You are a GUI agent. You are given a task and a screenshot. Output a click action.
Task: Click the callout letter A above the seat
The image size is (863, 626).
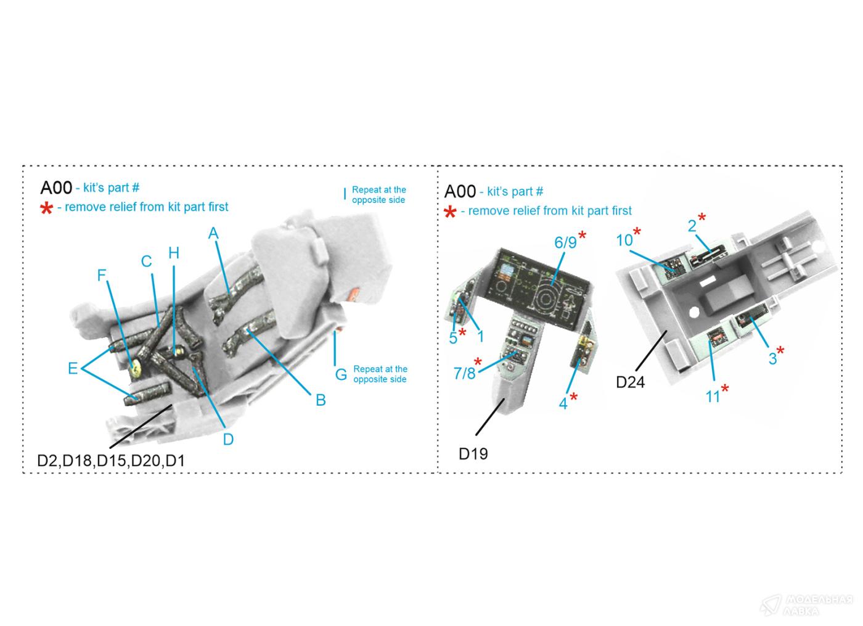[x=213, y=233]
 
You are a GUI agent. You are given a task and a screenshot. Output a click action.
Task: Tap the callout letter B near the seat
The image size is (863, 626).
[x=320, y=400]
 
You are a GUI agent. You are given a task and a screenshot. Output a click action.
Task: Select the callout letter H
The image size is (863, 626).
[x=174, y=253]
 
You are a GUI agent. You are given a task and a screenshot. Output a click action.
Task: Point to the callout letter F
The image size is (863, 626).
[x=102, y=275]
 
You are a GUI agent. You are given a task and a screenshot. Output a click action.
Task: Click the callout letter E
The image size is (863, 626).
[x=73, y=368]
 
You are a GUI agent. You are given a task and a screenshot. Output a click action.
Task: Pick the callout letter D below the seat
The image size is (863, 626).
[x=228, y=439]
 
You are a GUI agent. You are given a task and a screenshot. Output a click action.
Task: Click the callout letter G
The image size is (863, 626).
[x=341, y=374]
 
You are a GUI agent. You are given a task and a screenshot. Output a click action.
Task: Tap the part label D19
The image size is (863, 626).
[x=473, y=454]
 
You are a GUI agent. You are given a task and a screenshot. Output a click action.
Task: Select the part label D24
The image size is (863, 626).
[x=630, y=382]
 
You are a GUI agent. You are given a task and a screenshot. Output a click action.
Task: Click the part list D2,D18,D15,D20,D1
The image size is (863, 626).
[x=111, y=461]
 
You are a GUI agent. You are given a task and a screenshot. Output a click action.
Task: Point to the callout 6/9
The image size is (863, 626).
[x=565, y=242]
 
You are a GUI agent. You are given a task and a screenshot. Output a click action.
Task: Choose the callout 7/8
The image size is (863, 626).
[x=464, y=373]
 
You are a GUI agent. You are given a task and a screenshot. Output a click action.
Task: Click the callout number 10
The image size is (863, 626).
[x=624, y=240]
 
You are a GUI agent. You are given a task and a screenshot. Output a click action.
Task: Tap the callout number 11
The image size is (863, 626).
[x=713, y=397]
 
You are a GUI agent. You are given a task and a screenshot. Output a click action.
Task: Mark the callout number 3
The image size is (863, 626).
[x=772, y=358]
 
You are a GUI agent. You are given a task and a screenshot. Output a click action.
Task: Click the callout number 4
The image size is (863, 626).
[x=563, y=404]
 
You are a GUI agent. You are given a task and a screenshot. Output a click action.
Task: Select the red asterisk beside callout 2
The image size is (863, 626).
[x=701, y=218]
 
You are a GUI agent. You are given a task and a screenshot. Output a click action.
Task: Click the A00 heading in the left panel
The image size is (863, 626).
[x=56, y=188]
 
